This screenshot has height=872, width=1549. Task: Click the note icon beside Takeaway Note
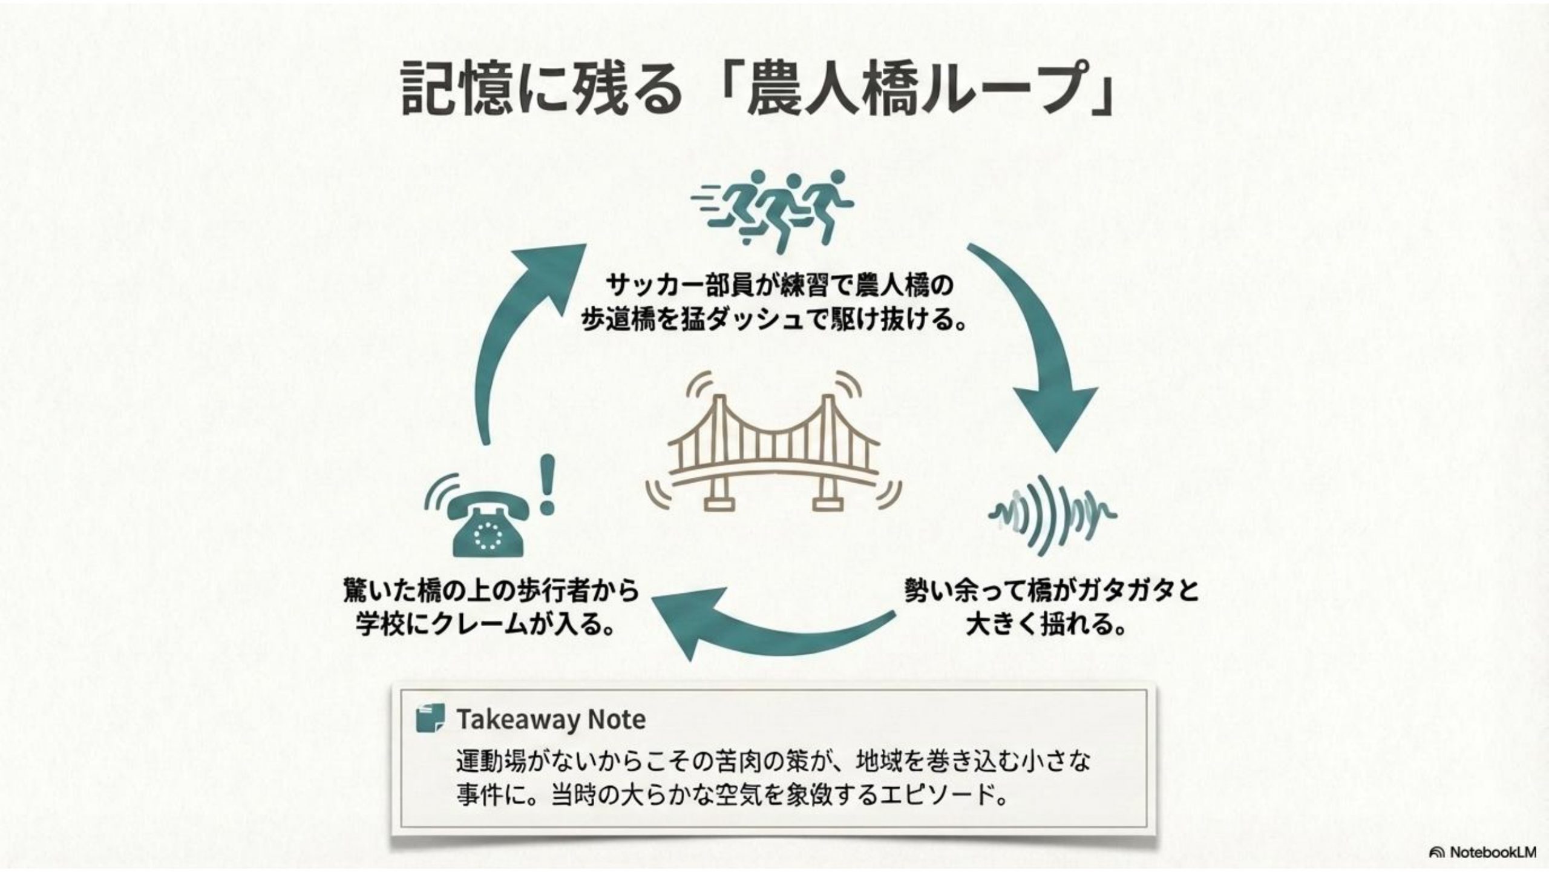click(430, 718)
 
